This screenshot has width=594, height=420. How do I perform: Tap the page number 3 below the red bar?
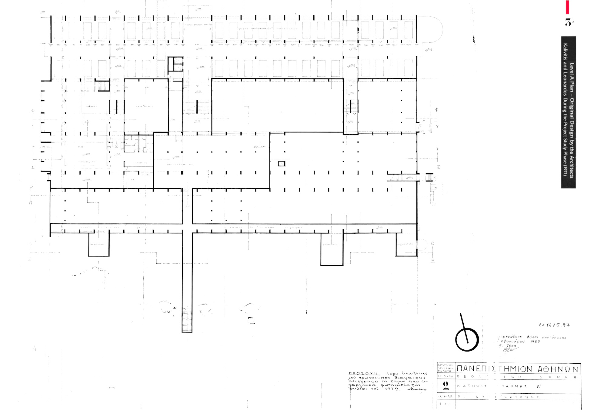point(569,23)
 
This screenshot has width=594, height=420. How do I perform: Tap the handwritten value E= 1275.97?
point(554,325)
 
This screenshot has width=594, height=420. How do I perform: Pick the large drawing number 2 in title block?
point(446,385)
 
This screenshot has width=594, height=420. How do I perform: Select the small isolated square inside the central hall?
point(282,164)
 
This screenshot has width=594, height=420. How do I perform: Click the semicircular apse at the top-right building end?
point(430,29)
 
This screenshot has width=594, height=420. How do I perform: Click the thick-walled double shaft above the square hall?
point(176,64)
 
